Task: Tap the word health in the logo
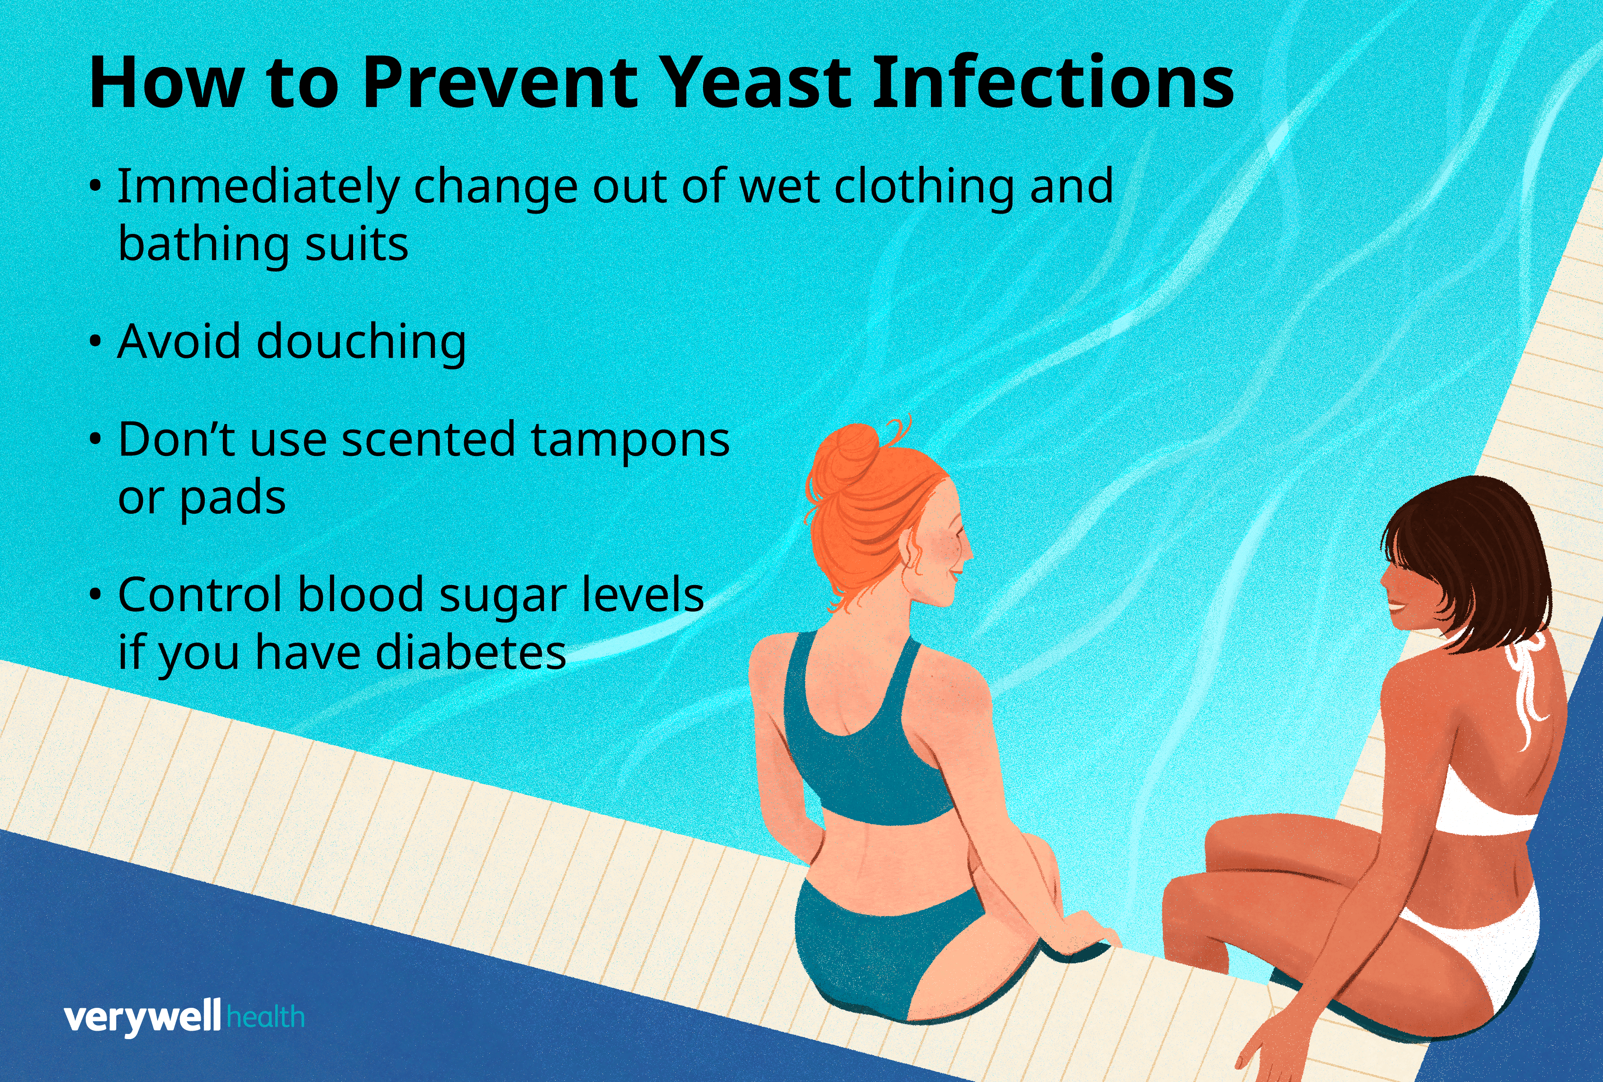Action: click(265, 1017)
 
